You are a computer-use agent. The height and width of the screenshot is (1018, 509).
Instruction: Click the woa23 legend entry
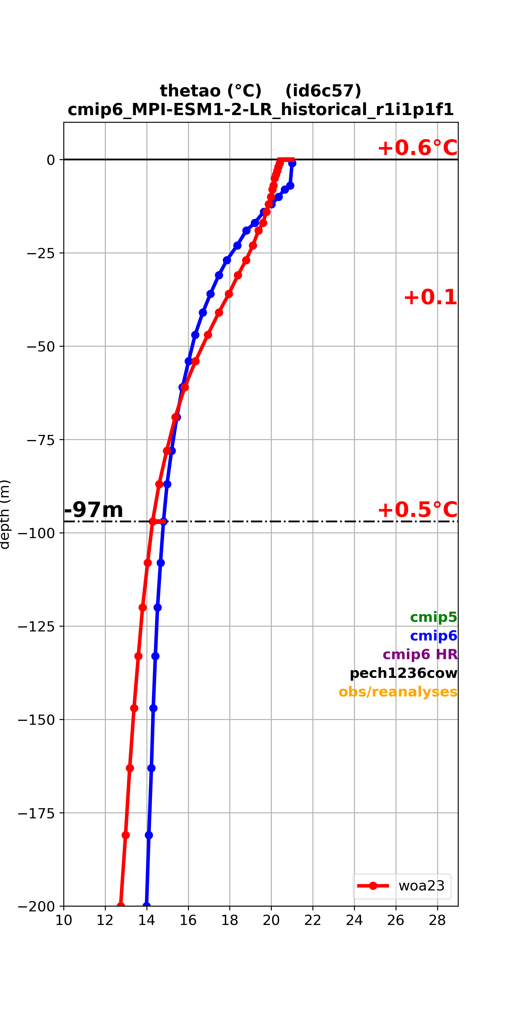tap(402, 886)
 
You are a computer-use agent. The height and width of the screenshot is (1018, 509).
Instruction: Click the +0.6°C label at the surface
tap(418, 148)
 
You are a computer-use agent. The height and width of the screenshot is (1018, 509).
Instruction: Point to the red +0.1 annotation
tap(430, 297)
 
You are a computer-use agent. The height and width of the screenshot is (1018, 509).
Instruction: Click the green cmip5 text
tap(433, 617)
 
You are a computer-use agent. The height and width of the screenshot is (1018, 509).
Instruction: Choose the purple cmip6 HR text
tap(420, 654)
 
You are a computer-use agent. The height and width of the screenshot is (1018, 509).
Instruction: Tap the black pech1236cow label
tap(404, 673)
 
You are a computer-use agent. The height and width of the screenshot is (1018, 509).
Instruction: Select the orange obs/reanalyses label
tap(398, 692)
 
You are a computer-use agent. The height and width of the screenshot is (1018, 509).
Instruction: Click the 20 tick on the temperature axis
tap(271, 920)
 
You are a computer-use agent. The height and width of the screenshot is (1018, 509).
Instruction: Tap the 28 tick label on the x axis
tap(437, 920)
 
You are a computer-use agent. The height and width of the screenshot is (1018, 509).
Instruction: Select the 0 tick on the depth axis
tap(51, 160)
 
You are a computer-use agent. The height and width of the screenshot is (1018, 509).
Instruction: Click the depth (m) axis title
tap(5, 514)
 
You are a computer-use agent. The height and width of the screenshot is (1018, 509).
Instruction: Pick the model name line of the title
tap(261, 109)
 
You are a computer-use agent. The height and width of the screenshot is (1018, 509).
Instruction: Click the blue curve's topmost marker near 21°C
tap(292, 163)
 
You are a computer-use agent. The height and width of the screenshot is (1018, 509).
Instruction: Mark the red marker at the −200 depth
tap(120, 905)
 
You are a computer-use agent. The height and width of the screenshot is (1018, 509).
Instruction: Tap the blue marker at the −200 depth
tap(146, 905)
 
